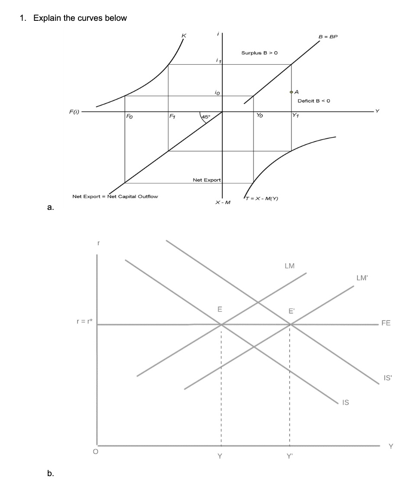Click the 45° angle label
tap(205, 117)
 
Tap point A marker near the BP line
tap(291, 92)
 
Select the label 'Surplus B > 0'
tap(259, 53)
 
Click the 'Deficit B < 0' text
tap(314, 101)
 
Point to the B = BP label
tap(327, 37)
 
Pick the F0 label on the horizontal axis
tap(130, 116)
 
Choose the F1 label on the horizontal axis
tap(172, 116)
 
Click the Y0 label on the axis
tap(259, 116)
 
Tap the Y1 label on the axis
tap(295, 116)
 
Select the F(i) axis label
tap(74, 111)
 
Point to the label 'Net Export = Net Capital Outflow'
tap(115, 196)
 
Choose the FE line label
tap(386, 323)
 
